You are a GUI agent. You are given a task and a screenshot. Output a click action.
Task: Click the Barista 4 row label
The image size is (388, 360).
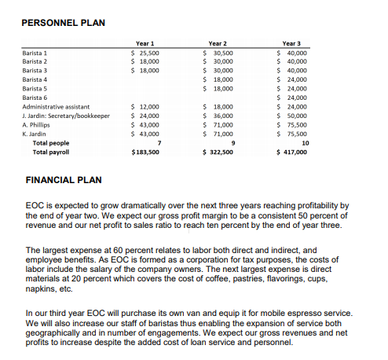click(x=35, y=79)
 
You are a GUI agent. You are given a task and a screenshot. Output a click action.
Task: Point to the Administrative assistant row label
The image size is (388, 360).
click(x=56, y=106)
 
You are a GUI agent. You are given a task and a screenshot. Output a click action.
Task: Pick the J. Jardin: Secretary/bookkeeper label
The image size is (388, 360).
click(x=66, y=116)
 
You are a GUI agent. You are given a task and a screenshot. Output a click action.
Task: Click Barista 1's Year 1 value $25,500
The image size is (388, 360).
click(x=145, y=52)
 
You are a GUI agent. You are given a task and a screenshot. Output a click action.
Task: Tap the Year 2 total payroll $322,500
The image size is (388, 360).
click(x=218, y=152)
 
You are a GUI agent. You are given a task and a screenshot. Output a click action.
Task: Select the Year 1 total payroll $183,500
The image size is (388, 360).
click(x=145, y=152)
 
